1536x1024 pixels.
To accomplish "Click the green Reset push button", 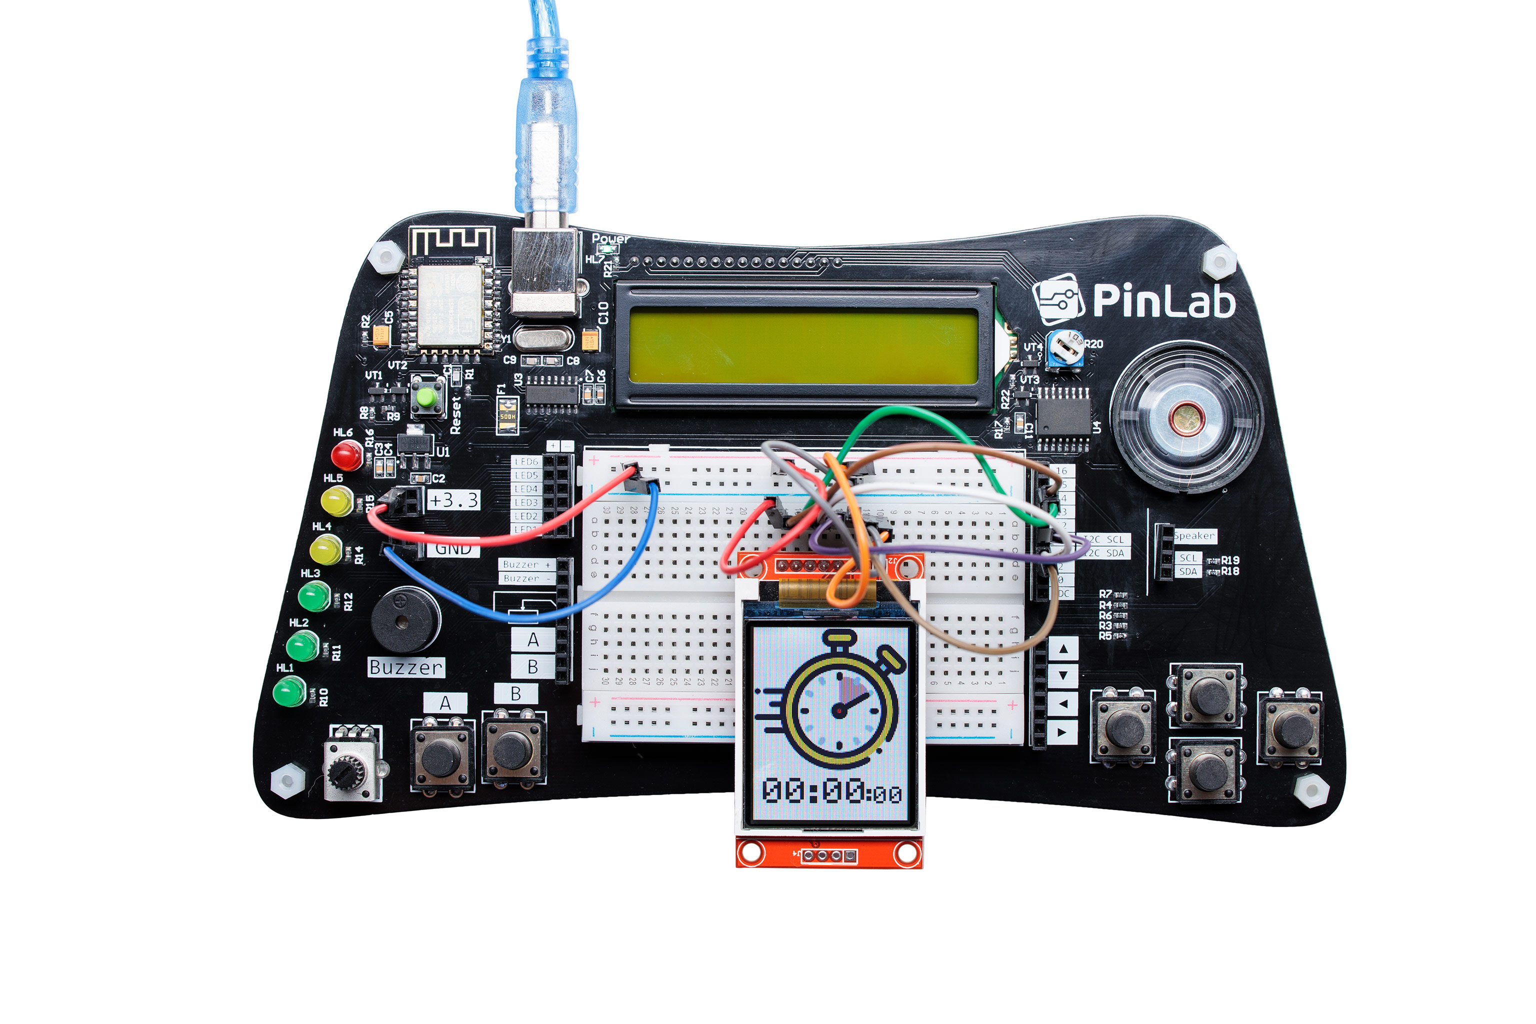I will pyautogui.click(x=427, y=396).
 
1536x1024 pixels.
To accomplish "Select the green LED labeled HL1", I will pyautogui.click(x=288, y=691).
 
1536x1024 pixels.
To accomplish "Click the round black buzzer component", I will pyautogui.click(x=405, y=619).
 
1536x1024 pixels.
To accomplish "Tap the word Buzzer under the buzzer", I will pyautogui.click(x=405, y=667).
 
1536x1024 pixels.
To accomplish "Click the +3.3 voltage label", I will pyautogui.click(x=453, y=500).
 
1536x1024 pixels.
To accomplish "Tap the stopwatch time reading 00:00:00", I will pyautogui.click(x=832, y=791).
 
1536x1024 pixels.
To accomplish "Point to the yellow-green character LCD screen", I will pyautogui.click(x=803, y=347).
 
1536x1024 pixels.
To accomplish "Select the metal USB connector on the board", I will pyautogui.click(x=544, y=271).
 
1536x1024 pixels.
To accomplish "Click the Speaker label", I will pyautogui.click(x=1194, y=535).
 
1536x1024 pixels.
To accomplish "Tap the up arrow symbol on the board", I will pyautogui.click(x=1063, y=649).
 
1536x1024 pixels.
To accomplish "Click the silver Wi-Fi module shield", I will pyautogui.click(x=450, y=305).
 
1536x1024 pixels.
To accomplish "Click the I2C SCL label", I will pyautogui.click(x=1105, y=539).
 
